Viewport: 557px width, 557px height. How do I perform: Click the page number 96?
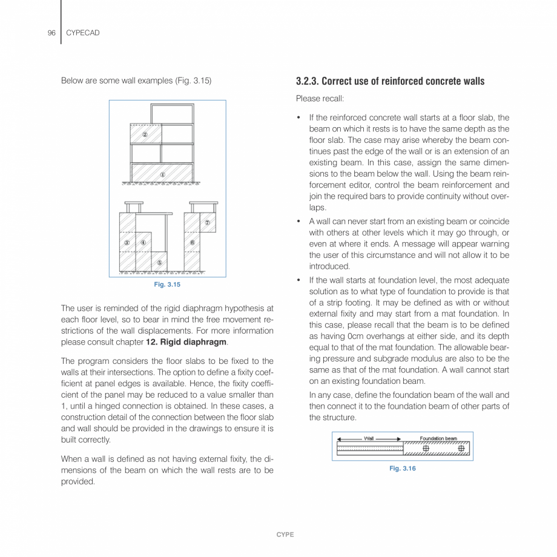(51, 33)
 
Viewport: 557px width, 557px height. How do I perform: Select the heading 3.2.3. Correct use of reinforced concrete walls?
(390, 81)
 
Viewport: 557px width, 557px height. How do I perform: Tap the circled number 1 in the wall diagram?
(163, 174)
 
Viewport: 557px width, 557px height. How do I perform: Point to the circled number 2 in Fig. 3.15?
(145, 134)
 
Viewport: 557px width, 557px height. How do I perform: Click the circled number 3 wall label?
(127, 243)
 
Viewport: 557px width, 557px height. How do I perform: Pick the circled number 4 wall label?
(143, 243)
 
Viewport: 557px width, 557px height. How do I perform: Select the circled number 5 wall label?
(159, 262)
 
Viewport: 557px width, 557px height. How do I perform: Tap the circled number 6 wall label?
(192, 243)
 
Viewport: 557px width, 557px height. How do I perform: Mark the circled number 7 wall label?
(207, 222)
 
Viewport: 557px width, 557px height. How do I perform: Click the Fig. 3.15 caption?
(167, 285)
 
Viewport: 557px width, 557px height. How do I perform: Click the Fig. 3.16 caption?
(403, 469)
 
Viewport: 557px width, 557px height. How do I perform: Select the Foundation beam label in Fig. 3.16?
(438, 438)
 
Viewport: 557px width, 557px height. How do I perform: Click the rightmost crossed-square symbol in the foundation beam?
(462, 449)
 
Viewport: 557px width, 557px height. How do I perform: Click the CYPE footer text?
(285, 535)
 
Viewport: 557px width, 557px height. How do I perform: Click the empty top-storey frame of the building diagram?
(173, 113)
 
